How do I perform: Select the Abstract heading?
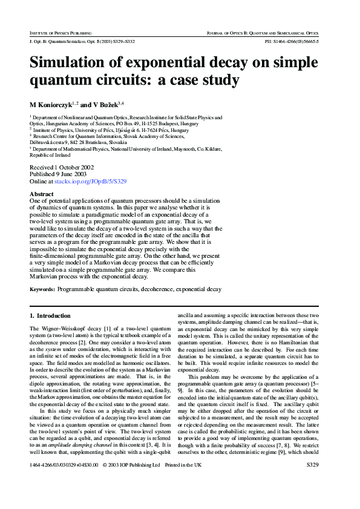(42, 194)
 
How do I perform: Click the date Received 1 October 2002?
(62, 167)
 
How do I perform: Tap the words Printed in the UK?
(182, 499)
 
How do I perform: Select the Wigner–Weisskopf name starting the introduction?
(56, 327)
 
